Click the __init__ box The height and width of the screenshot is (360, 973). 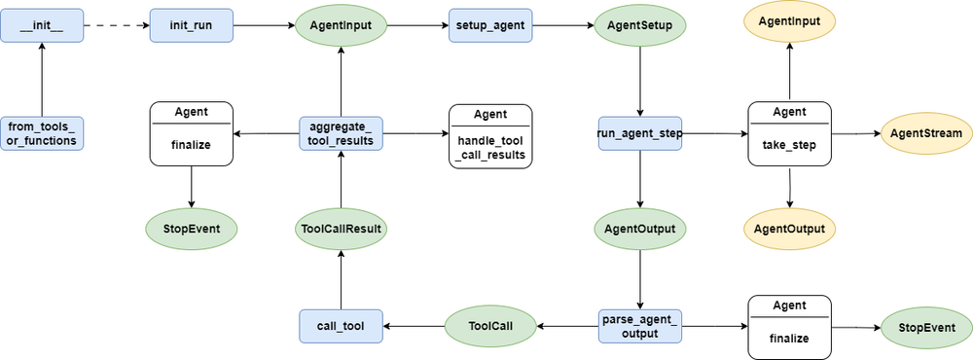click(42, 23)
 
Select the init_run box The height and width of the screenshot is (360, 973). click(191, 23)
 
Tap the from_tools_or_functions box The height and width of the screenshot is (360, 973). click(42, 133)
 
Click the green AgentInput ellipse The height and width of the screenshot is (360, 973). click(341, 23)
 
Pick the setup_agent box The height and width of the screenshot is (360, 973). click(489, 23)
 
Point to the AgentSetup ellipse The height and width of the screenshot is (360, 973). click(639, 23)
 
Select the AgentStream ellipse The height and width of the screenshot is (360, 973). click(926, 133)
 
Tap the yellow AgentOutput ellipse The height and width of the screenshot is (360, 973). click(789, 229)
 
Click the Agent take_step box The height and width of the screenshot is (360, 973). click(789, 133)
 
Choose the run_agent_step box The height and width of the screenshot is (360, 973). click(639, 133)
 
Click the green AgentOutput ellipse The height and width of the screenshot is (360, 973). click(639, 229)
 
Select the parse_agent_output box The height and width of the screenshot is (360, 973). click(639, 326)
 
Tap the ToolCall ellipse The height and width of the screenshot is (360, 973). click(489, 326)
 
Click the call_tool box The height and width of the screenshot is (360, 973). click(341, 326)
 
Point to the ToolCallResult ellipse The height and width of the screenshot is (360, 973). click(341, 229)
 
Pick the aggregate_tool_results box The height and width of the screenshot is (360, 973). click(341, 133)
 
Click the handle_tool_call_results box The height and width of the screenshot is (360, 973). click(489, 135)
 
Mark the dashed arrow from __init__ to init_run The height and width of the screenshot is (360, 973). click(117, 23)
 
